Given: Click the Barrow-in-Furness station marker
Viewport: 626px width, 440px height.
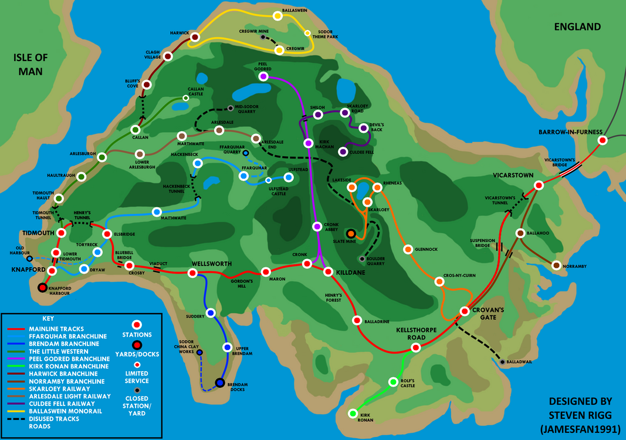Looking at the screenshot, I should click(x=601, y=140).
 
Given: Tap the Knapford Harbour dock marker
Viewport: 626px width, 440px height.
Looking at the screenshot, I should click(x=42, y=288).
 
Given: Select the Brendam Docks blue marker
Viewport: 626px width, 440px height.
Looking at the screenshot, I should click(x=219, y=383).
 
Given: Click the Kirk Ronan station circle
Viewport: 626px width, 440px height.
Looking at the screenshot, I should click(x=353, y=414).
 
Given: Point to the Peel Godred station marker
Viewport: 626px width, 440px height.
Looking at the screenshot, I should click(x=263, y=76).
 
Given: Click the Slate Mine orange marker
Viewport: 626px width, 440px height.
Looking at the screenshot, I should click(x=351, y=234).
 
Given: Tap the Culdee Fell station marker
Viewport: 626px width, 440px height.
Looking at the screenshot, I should click(x=343, y=152).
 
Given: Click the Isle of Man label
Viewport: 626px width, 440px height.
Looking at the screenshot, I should click(x=32, y=65).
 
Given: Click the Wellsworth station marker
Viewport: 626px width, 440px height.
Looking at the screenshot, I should click(x=192, y=273).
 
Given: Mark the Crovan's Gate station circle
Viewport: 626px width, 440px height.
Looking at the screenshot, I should click(x=464, y=311).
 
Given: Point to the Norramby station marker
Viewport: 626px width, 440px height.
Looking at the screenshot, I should click(x=556, y=266).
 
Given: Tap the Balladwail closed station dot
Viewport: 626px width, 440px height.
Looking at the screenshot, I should click(x=502, y=362).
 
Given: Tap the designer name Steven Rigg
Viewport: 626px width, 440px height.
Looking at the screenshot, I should click(x=580, y=414).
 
